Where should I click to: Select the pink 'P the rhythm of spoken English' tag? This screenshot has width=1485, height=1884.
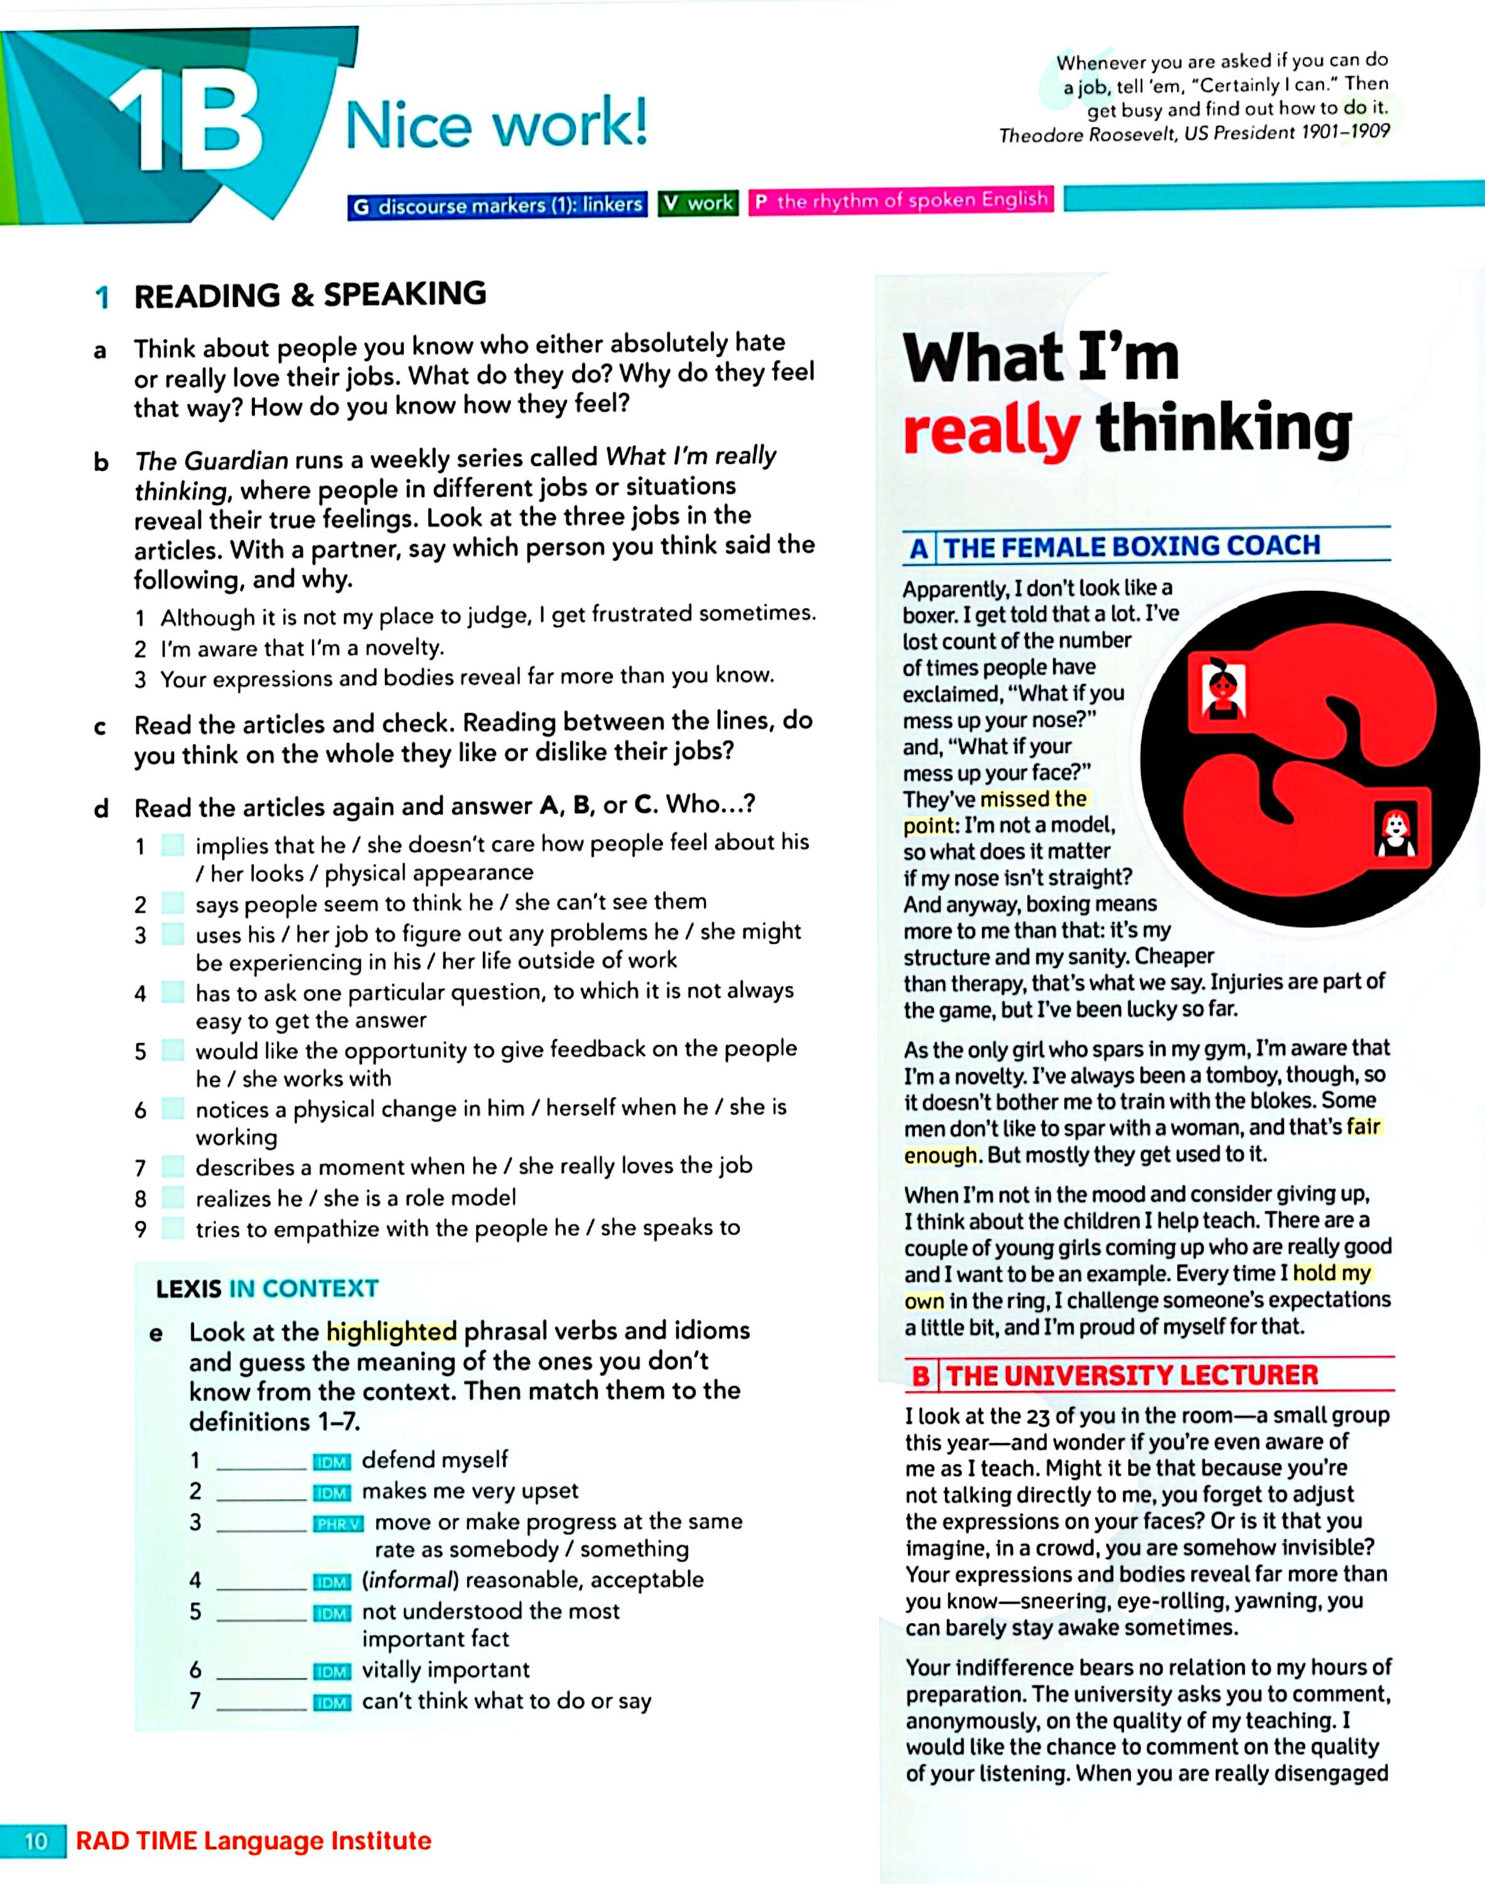(x=901, y=201)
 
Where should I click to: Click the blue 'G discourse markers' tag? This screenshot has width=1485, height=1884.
(x=497, y=206)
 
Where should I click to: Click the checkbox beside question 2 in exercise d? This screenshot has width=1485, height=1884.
(x=174, y=903)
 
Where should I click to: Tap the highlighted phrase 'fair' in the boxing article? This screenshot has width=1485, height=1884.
(x=1363, y=1127)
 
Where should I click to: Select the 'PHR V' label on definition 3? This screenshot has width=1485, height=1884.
(x=337, y=1524)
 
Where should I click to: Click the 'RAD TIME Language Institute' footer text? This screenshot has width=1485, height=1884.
(x=253, y=1841)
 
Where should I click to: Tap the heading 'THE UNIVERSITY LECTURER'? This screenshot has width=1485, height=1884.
(x=1132, y=1375)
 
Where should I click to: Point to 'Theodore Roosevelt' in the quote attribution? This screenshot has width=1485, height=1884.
(x=1083, y=135)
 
